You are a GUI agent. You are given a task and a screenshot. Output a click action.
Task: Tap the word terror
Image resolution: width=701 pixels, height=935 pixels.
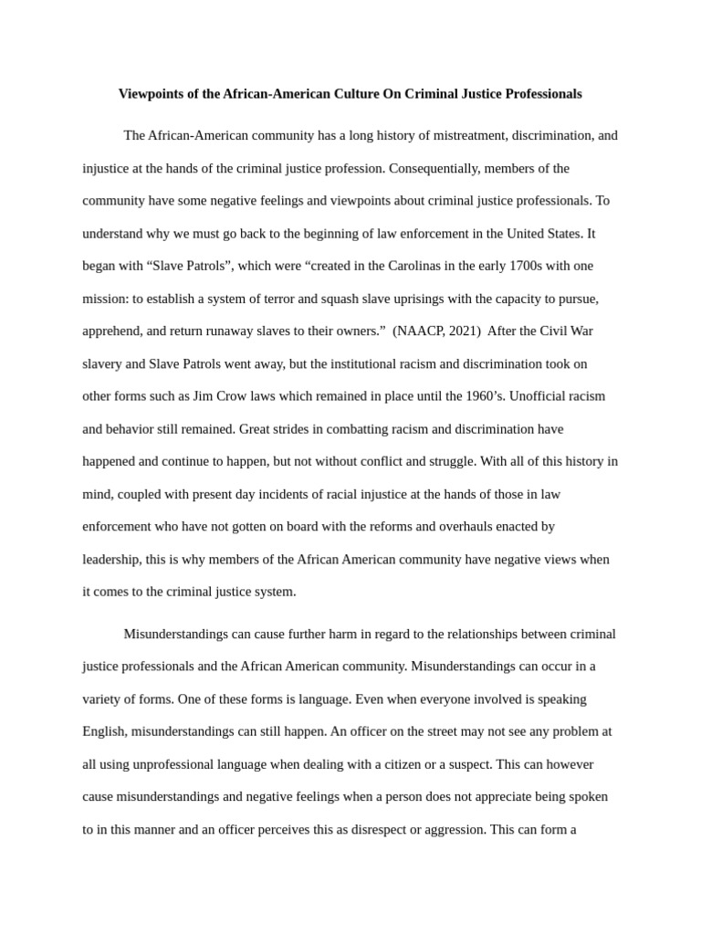(x=298, y=299)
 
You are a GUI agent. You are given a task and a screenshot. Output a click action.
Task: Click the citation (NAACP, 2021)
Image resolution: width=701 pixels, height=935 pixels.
(x=436, y=331)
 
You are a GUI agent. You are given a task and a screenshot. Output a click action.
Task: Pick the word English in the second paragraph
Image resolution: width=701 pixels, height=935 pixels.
(x=105, y=731)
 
